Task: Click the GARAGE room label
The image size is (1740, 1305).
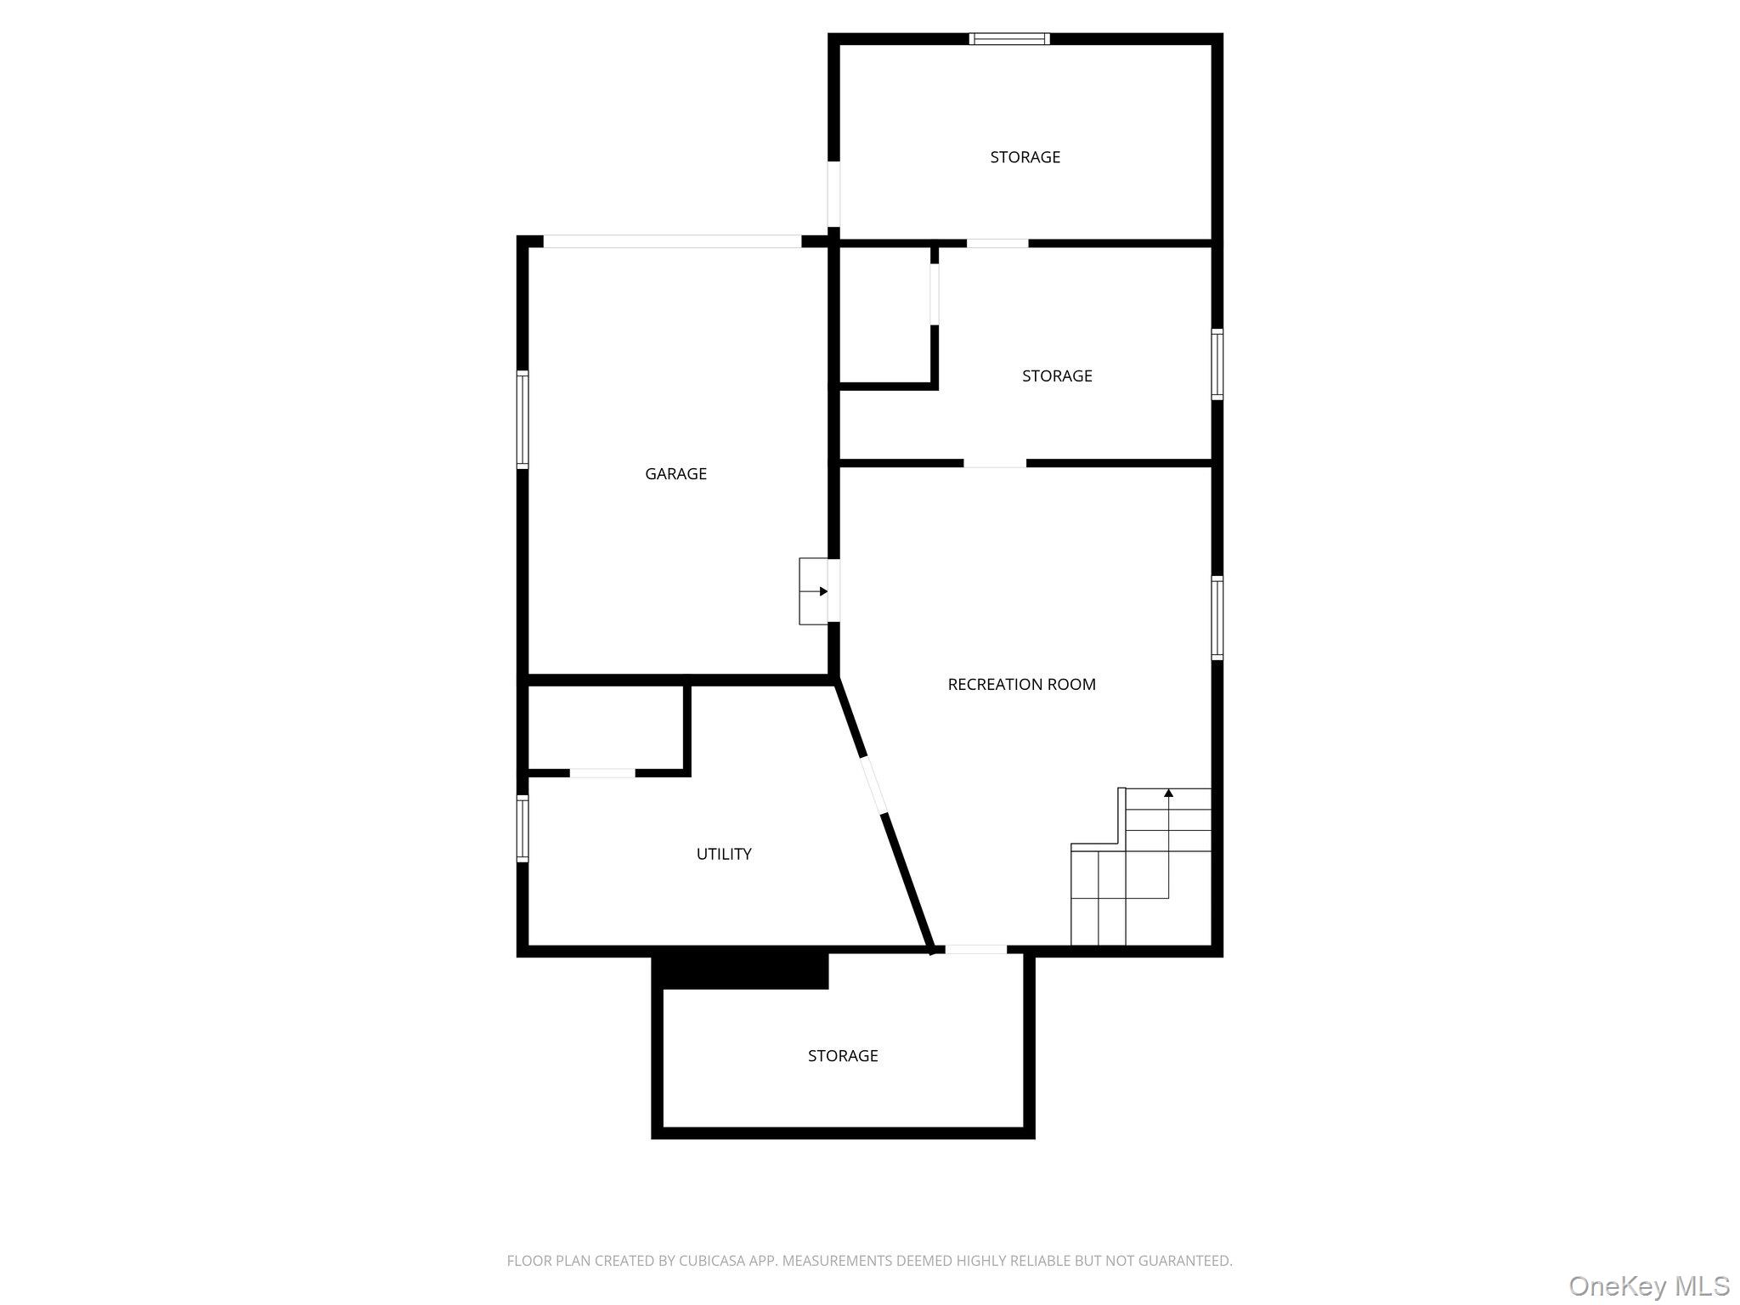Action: pyautogui.click(x=675, y=474)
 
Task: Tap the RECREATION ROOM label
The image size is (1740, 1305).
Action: pyautogui.click(x=1021, y=684)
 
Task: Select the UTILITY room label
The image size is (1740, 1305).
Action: pyautogui.click(x=724, y=854)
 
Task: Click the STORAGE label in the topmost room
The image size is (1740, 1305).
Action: pyautogui.click(x=1025, y=157)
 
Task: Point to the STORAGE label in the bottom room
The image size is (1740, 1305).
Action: pyautogui.click(x=843, y=1055)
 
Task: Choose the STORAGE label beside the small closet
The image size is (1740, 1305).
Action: pyautogui.click(x=1057, y=376)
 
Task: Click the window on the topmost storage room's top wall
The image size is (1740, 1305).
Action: pyautogui.click(x=1010, y=39)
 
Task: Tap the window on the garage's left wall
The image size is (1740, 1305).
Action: pyautogui.click(x=523, y=420)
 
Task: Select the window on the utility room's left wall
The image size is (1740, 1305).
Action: pyautogui.click(x=523, y=828)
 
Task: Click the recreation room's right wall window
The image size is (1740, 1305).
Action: pyautogui.click(x=1217, y=618)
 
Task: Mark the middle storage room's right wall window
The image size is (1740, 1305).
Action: pyautogui.click(x=1217, y=364)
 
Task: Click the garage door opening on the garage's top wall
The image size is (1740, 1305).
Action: pyautogui.click(x=672, y=241)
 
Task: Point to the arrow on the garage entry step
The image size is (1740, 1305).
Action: pyautogui.click(x=822, y=591)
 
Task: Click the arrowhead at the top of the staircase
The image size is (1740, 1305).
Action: pyautogui.click(x=1168, y=794)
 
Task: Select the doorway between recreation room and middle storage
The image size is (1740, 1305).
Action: pyautogui.click(x=995, y=463)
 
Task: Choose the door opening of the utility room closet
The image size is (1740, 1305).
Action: pyautogui.click(x=602, y=773)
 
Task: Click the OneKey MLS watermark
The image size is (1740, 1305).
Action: pyautogui.click(x=1649, y=1286)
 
